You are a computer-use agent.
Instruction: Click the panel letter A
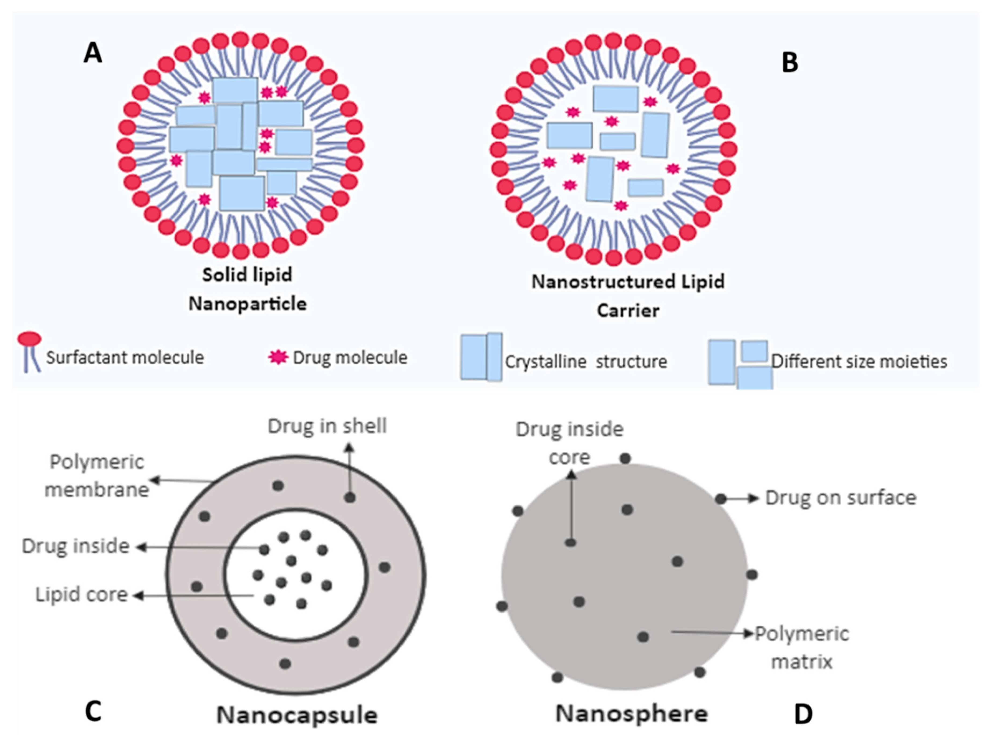pos(93,54)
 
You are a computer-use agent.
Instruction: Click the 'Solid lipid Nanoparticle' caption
pos(247,289)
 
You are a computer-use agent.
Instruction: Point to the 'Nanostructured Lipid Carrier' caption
pos(628,296)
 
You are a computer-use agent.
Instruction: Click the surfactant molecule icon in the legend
pos(29,351)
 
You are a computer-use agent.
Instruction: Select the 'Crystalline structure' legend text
pos(586,362)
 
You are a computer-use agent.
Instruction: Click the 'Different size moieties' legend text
pos(859,362)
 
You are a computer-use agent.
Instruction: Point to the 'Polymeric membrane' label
pos(97,476)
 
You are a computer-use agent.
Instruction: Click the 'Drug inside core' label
pos(569,443)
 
